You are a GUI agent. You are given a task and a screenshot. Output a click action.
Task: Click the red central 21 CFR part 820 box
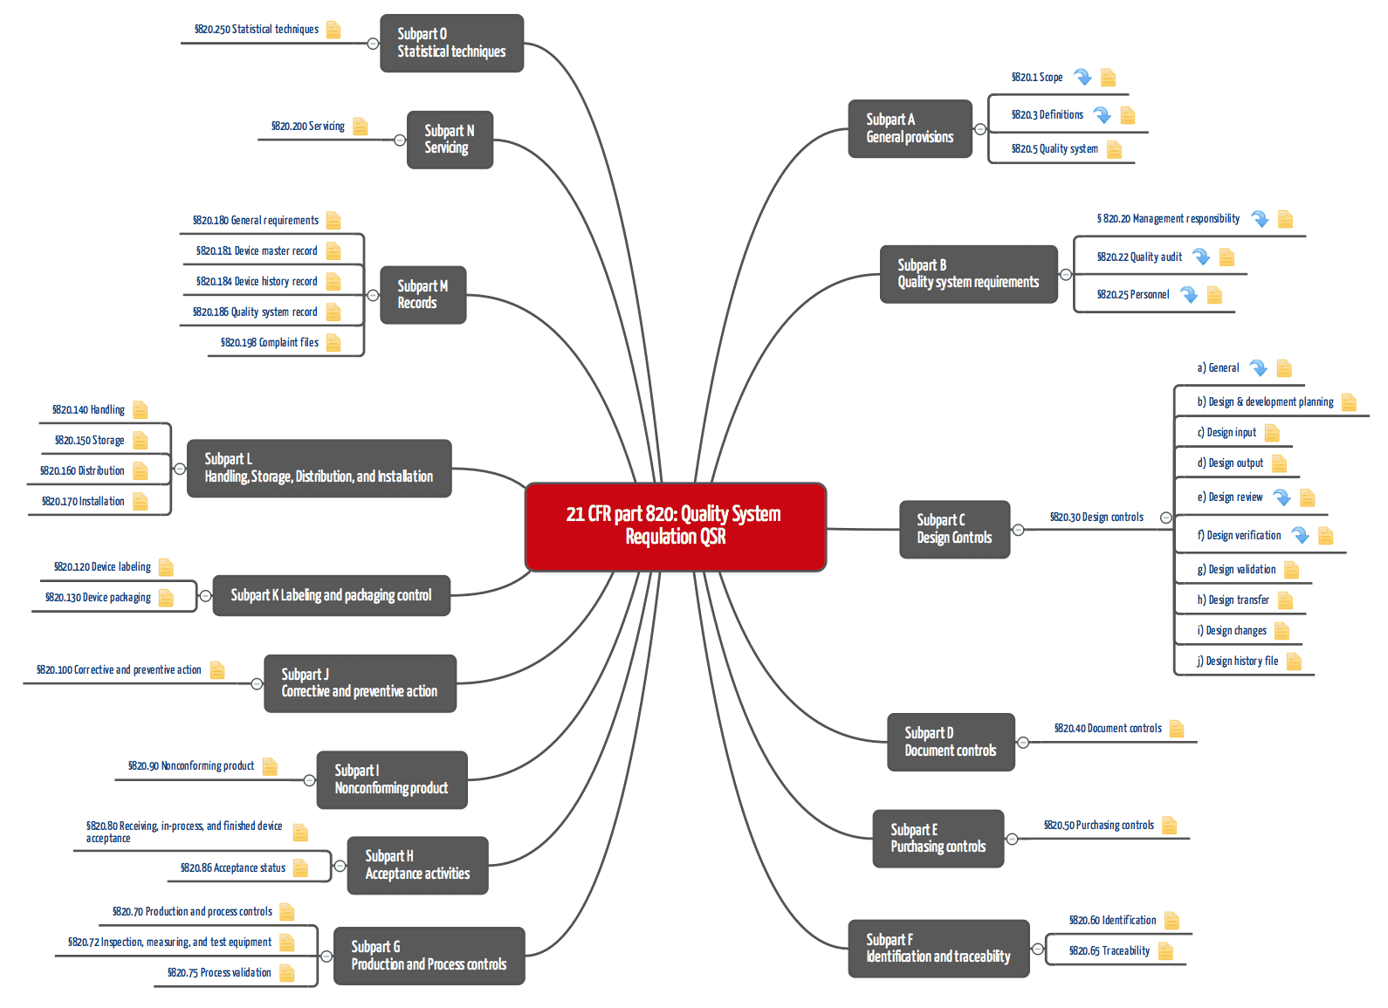click(x=675, y=526)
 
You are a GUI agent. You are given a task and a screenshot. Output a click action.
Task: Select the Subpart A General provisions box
click(x=910, y=128)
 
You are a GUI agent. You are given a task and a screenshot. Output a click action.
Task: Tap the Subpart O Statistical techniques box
click(x=451, y=43)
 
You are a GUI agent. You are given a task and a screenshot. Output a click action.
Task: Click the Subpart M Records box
click(x=423, y=294)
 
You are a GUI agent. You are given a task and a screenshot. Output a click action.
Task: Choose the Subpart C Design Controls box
click(x=954, y=529)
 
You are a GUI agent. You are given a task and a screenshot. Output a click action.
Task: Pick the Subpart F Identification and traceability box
click(x=938, y=948)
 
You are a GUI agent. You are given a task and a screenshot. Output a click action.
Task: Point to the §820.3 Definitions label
click(x=1047, y=115)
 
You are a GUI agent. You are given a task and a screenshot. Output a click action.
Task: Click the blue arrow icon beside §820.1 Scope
click(x=1082, y=77)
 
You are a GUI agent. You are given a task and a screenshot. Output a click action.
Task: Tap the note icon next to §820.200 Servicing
click(x=360, y=127)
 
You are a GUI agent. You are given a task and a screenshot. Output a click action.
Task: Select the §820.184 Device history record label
click(x=257, y=282)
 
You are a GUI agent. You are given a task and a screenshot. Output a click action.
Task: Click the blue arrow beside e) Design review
click(x=1281, y=497)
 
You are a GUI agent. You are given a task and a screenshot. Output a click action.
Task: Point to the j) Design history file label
click(x=1237, y=662)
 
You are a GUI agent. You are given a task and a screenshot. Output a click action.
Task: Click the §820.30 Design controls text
click(x=1096, y=518)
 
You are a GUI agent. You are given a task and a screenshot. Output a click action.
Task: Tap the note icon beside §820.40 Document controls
click(x=1177, y=728)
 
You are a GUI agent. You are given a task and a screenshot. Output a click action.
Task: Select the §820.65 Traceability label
click(x=1109, y=951)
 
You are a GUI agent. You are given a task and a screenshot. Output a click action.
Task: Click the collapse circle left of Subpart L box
click(x=180, y=469)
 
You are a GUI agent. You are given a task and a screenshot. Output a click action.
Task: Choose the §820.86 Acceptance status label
click(x=232, y=868)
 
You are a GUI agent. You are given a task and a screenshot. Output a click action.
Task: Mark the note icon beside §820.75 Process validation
click(x=286, y=973)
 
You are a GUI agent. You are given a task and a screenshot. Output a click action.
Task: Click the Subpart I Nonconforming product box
click(x=391, y=779)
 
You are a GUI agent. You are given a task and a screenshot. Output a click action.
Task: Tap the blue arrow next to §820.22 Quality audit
click(x=1201, y=257)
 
